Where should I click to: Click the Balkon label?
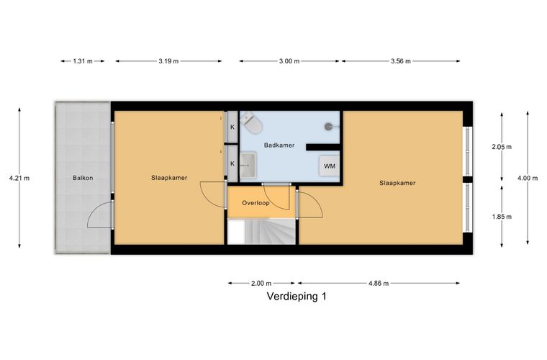click(83, 178)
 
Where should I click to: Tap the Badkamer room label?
click(279, 145)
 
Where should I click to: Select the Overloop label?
click(256, 202)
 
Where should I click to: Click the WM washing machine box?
click(330, 166)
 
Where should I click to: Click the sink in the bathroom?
click(248, 165)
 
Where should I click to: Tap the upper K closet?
click(232, 127)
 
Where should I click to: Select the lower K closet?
click(232, 163)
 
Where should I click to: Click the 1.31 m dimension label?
click(83, 61)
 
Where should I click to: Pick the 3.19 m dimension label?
click(168, 61)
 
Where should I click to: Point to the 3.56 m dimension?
click(400, 61)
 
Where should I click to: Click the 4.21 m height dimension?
click(19, 178)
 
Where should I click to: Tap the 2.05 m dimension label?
click(502, 147)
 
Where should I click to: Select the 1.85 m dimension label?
click(502, 217)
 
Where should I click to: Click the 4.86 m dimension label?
click(379, 283)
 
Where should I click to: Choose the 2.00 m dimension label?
click(261, 283)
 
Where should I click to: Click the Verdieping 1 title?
click(297, 296)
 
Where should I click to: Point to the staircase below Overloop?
click(262, 231)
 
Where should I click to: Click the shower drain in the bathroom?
click(329, 126)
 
